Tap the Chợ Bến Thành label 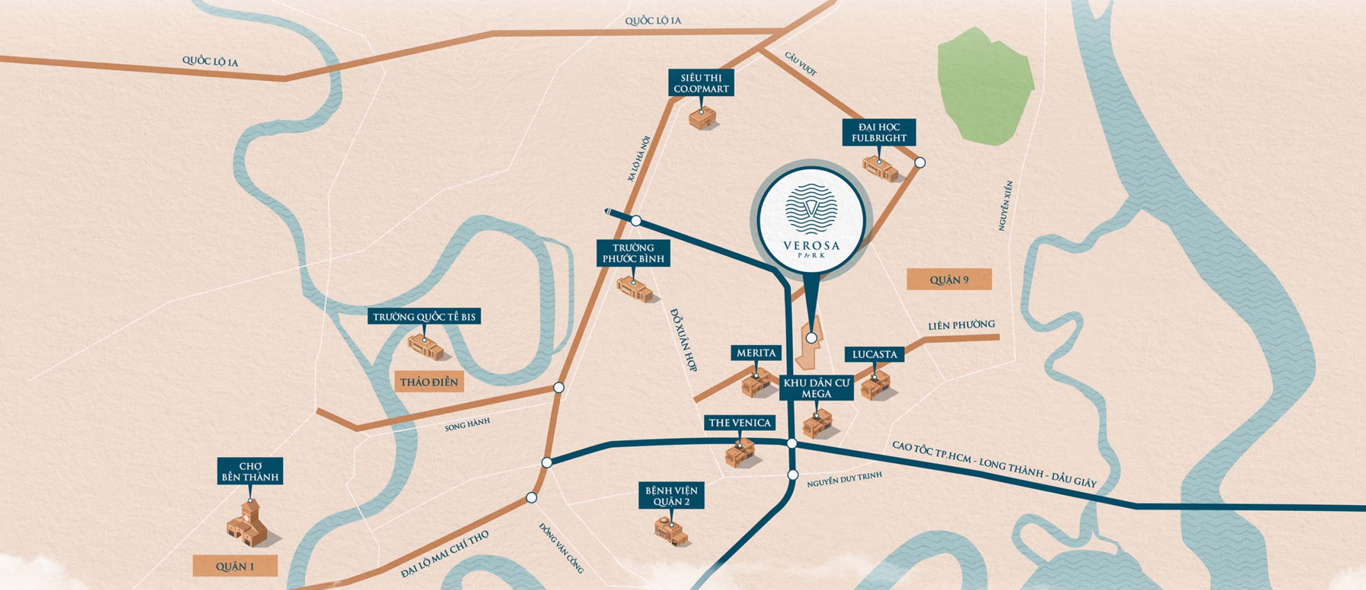(x=250, y=471)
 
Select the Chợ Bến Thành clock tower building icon (x=248, y=523)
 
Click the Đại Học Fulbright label (x=879, y=132)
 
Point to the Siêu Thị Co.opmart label (x=701, y=83)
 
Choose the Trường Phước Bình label (x=633, y=253)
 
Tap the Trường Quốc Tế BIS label (x=424, y=317)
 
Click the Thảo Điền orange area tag (x=429, y=382)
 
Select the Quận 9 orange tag (x=949, y=280)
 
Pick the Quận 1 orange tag (x=235, y=566)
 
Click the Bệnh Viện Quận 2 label (x=671, y=496)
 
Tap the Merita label (x=756, y=353)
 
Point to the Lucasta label (x=875, y=354)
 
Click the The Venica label (x=739, y=422)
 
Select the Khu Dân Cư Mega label (x=816, y=388)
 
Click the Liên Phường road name (x=961, y=324)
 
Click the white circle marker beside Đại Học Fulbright (x=920, y=163)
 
